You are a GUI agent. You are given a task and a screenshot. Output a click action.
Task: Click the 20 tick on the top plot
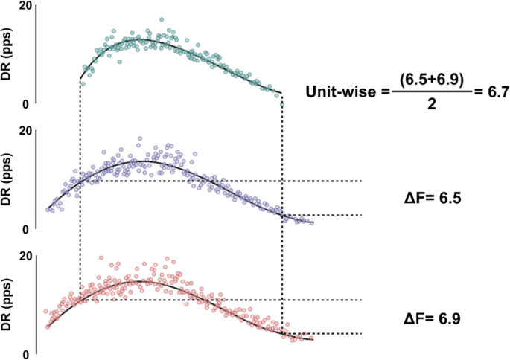[x=25, y=6]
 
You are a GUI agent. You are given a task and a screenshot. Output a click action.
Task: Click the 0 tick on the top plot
[x=27, y=104]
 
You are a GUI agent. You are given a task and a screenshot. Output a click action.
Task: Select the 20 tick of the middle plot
[x=25, y=131]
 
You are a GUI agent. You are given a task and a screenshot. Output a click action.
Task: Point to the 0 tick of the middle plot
[x=27, y=229]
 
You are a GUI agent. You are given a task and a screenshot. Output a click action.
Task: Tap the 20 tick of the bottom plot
[x=25, y=256]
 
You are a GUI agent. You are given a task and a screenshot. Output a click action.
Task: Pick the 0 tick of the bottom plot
[x=27, y=354]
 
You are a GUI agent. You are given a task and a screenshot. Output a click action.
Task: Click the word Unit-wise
[x=343, y=92]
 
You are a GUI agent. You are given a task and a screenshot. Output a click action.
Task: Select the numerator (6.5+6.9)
[x=432, y=79]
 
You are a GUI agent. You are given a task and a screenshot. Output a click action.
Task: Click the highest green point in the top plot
[x=162, y=20]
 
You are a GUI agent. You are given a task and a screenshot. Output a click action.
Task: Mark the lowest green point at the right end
[x=282, y=104]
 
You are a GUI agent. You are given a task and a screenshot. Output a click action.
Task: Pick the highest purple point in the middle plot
[x=139, y=138]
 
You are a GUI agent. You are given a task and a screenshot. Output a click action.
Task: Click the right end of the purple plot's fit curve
[x=313, y=222]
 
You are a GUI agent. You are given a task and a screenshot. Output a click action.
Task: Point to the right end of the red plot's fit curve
[x=313, y=339]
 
